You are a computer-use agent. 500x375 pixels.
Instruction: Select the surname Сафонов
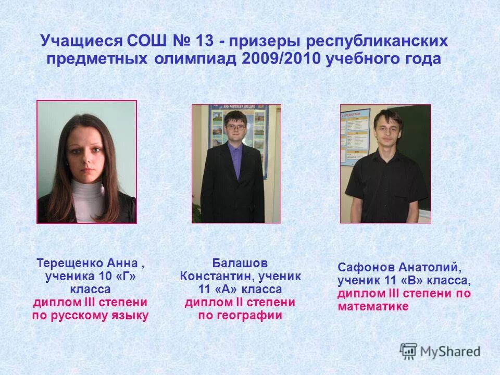click(x=366, y=268)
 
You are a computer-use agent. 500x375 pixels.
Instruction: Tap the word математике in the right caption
click(x=373, y=307)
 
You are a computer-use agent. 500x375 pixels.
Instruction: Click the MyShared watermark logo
click(x=440, y=351)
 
